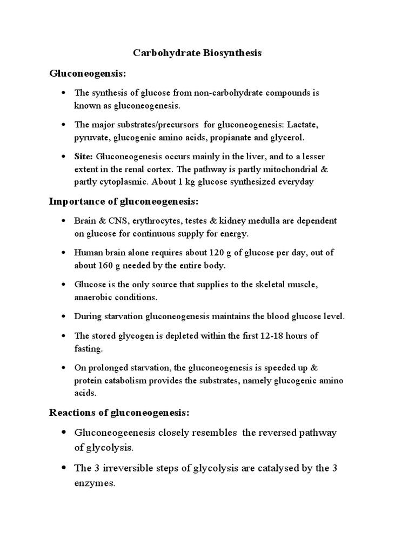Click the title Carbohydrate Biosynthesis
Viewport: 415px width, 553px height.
click(x=197, y=53)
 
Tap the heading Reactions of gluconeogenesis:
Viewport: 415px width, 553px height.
click(x=119, y=413)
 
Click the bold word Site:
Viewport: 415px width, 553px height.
click(x=84, y=157)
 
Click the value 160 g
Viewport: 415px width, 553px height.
click(x=109, y=266)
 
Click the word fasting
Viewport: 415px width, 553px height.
click(x=89, y=349)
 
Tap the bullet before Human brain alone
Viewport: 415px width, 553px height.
click(x=63, y=253)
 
